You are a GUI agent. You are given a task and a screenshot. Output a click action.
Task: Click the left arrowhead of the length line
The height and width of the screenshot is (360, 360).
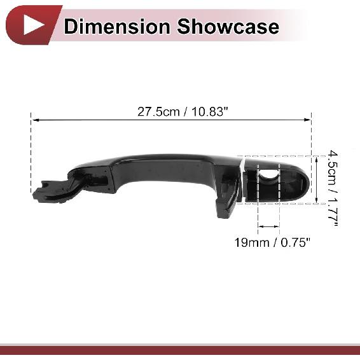click(34, 119)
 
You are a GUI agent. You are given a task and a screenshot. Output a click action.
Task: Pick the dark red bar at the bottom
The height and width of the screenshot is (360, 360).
click(180, 350)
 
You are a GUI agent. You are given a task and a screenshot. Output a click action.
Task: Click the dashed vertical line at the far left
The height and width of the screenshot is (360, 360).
click(31, 153)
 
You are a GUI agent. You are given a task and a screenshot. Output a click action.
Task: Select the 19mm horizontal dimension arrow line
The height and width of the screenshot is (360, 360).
click(268, 226)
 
